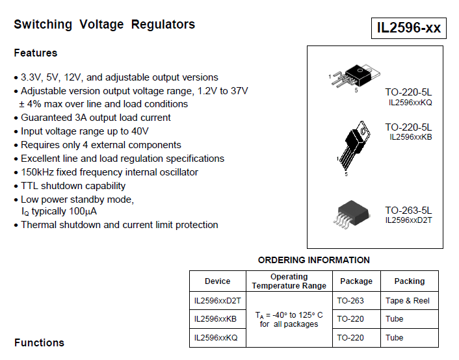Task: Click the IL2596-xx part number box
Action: point(409,28)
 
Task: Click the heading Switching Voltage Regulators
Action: point(105,25)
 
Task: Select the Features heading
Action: point(36,53)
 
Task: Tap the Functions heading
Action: point(39,342)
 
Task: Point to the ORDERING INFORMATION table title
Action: point(313,260)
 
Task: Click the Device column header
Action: point(217,281)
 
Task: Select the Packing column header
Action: point(409,281)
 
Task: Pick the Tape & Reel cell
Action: point(408,301)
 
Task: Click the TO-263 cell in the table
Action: point(350,301)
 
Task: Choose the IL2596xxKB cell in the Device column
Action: point(215,319)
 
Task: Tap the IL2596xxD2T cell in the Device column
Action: point(217,301)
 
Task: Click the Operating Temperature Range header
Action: point(289,281)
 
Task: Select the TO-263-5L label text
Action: point(408,211)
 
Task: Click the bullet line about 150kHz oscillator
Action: point(109,172)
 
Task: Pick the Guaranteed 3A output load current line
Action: point(96,118)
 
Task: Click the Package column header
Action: point(356,281)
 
